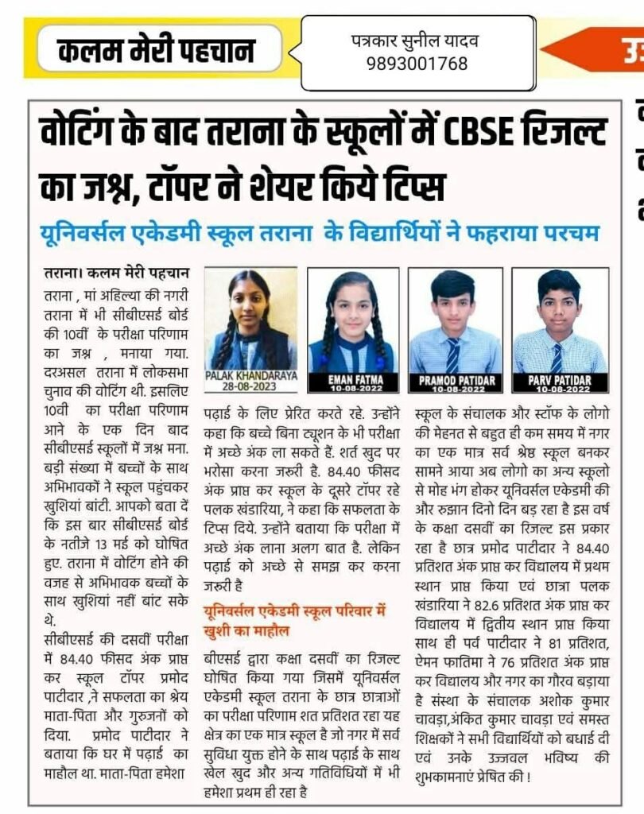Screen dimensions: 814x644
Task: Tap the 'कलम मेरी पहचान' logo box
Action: pyautogui.click(x=157, y=52)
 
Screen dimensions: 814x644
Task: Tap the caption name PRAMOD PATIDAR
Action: pyautogui.click(x=456, y=382)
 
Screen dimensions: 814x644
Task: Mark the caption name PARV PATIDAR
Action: pyautogui.click(x=559, y=382)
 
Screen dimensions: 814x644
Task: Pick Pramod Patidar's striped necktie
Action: pyautogui.click(x=452, y=355)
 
